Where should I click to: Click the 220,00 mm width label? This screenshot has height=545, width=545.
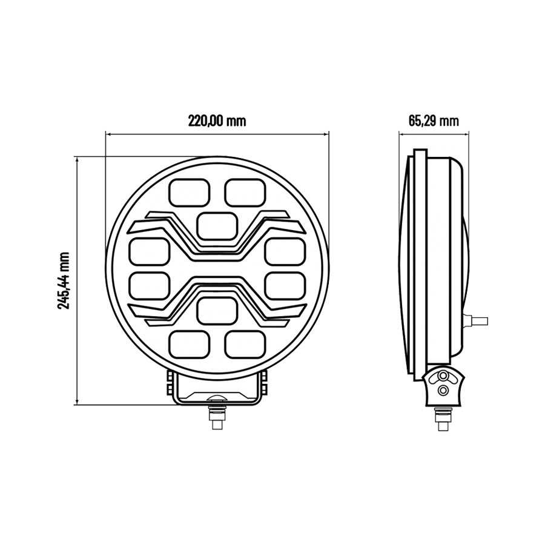tap(217, 120)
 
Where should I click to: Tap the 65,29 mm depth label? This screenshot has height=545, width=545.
tap(434, 120)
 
